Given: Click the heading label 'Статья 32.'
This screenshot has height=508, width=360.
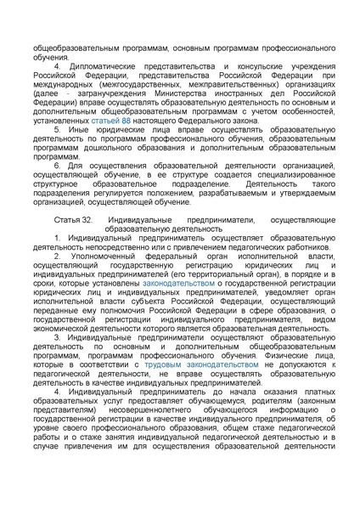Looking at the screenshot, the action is tap(71, 219).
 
